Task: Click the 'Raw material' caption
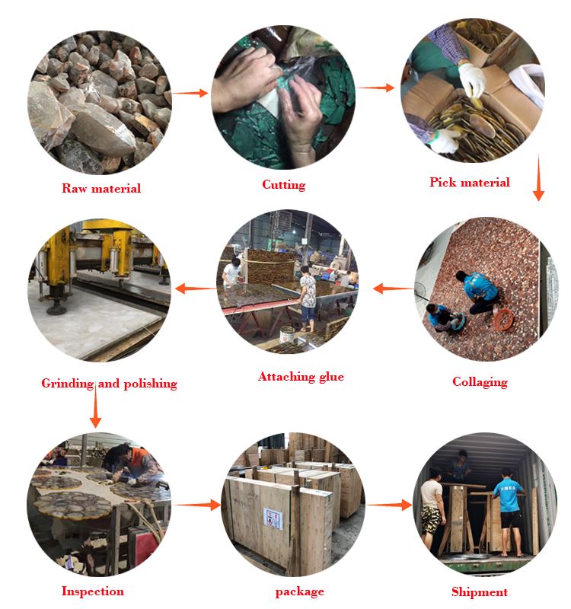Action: click(101, 188)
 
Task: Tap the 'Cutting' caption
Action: click(283, 184)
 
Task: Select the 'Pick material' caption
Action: click(470, 182)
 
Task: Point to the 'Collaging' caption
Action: click(480, 382)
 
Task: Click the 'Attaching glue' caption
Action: click(301, 377)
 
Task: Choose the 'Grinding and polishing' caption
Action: click(109, 384)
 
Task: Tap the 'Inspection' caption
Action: click(93, 591)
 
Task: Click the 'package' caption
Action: click(299, 592)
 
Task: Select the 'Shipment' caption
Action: click(480, 592)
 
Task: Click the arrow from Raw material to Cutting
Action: click(190, 93)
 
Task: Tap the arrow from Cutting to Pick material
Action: click(375, 88)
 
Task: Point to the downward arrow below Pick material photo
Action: click(538, 178)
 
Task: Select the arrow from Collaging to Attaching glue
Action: click(393, 289)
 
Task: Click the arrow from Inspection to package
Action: click(197, 505)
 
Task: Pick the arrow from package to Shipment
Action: click(389, 505)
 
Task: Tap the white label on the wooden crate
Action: click(273, 519)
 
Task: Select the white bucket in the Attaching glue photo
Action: click(287, 335)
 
